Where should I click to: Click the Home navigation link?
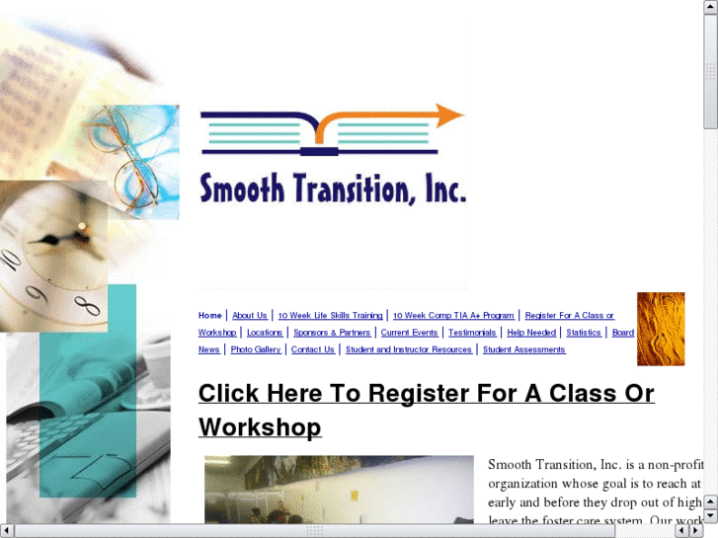(x=209, y=316)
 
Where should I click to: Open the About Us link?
(x=250, y=316)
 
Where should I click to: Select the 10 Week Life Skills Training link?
(x=330, y=316)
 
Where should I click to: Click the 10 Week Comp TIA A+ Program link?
(x=453, y=316)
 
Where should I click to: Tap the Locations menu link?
(x=265, y=333)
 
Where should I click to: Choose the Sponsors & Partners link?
(x=332, y=333)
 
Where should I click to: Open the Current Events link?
(x=409, y=333)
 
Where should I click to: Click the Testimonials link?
(x=472, y=333)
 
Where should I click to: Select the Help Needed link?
(x=531, y=333)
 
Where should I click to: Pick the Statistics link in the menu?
(x=584, y=333)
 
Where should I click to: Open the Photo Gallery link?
(x=256, y=349)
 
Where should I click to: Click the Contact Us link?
(x=313, y=349)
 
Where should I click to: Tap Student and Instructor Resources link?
(x=409, y=349)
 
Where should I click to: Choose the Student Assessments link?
(x=523, y=349)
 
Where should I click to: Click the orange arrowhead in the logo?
(x=450, y=115)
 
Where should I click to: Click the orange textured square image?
(x=661, y=329)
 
